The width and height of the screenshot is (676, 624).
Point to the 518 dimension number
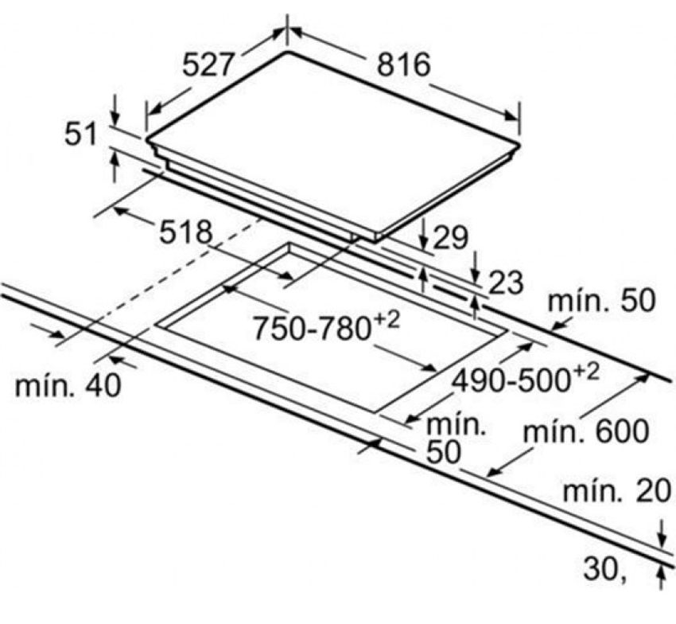[x=186, y=232]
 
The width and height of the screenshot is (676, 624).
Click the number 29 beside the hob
[x=450, y=236]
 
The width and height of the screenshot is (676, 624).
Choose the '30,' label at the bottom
[x=602, y=568]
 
